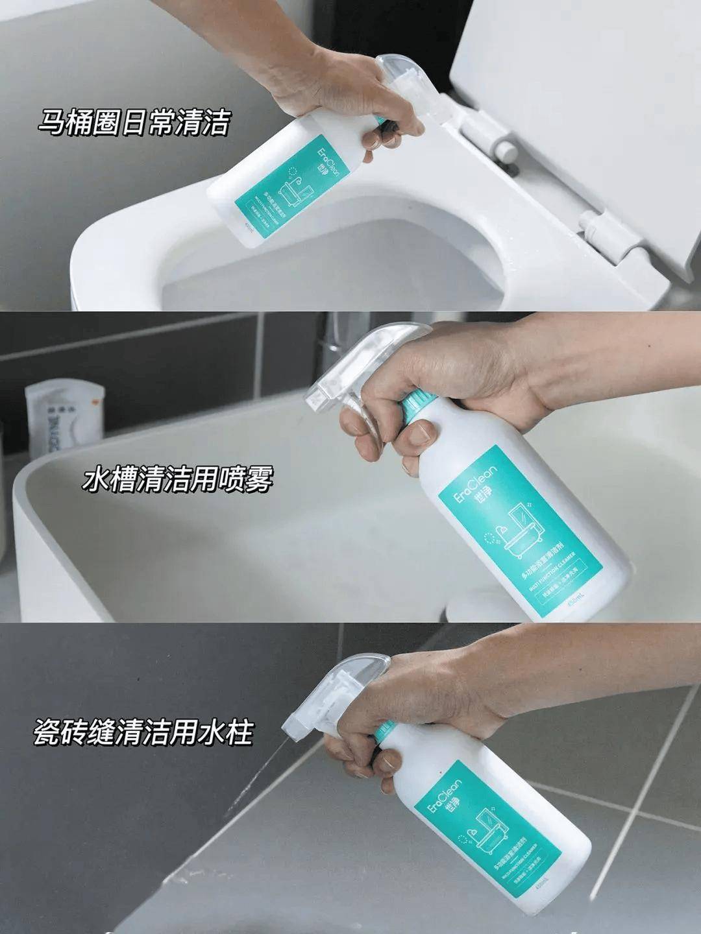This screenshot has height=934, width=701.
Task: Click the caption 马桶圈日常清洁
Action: [133, 122]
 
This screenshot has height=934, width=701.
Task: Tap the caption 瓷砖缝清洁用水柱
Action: [142, 736]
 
